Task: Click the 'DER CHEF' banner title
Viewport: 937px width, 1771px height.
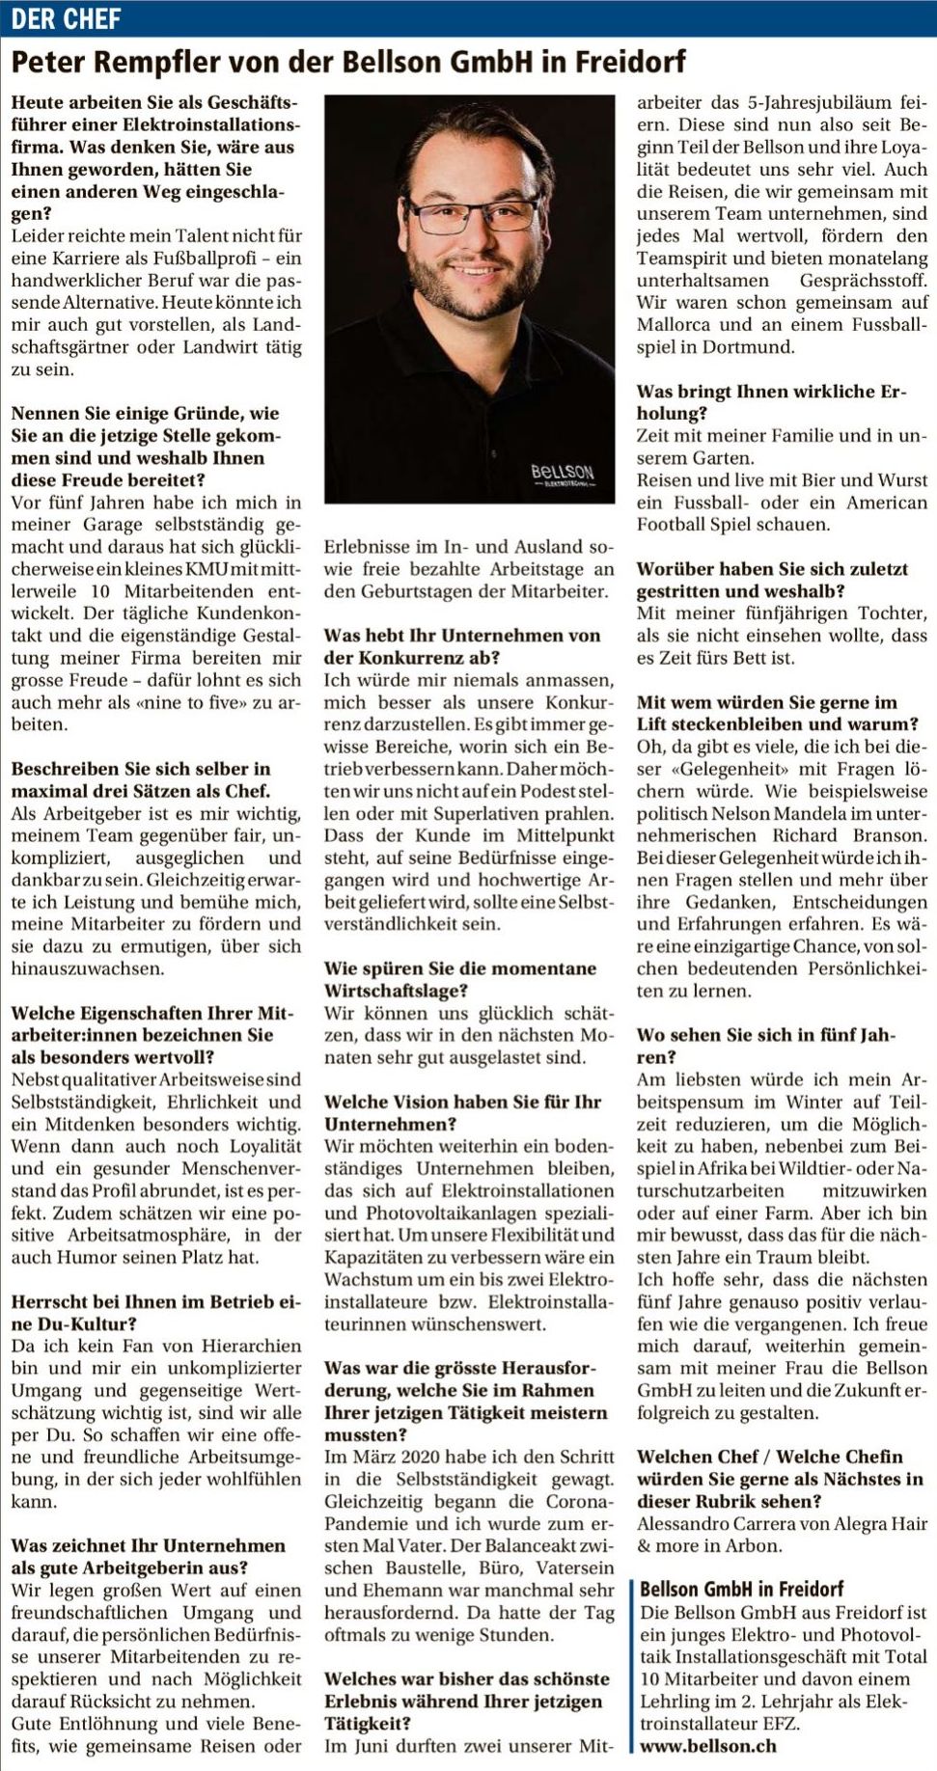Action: [66, 18]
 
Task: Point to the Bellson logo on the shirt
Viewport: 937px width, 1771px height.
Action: [562, 475]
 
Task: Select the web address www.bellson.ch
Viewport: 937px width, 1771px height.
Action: [707, 1746]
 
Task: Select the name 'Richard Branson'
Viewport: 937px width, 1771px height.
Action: [849, 835]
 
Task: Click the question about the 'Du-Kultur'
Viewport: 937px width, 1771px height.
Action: [155, 1312]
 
